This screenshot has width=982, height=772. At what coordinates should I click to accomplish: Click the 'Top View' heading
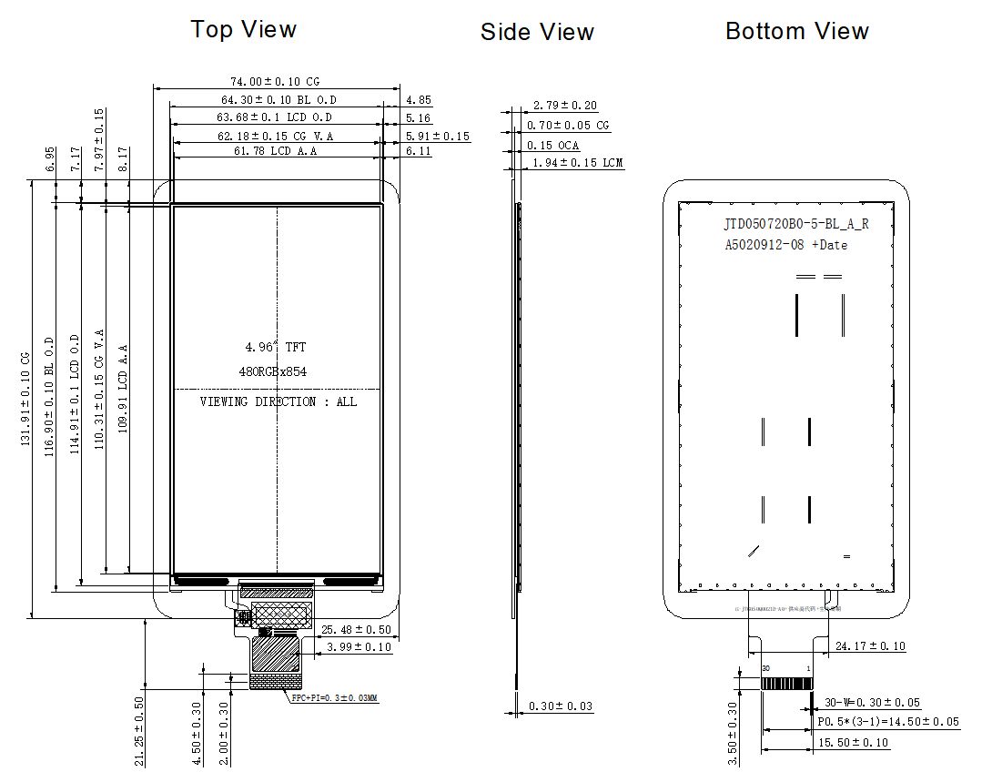tap(243, 29)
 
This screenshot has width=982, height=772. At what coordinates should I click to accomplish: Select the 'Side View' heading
tap(537, 33)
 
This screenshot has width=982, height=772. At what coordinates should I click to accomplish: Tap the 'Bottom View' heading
tap(796, 31)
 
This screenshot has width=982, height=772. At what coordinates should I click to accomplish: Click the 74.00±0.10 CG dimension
tap(275, 82)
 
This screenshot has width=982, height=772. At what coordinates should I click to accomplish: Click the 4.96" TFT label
tap(275, 347)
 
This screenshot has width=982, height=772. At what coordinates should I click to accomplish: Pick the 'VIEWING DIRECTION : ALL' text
tap(278, 401)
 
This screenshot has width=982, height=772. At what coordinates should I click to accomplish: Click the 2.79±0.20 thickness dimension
tap(564, 106)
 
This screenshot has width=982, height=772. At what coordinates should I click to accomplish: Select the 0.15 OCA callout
tap(552, 146)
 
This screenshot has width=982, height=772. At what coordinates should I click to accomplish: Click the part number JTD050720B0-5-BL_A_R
tap(796, 224)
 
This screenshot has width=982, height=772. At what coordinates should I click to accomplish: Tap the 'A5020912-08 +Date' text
tap(785, 245)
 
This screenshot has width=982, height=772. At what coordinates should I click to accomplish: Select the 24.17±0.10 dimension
tap(869, 646)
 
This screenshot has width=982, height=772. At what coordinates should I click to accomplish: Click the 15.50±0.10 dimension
tap(852, 743)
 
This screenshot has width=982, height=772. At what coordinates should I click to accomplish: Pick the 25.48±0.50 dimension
tap(356, 629)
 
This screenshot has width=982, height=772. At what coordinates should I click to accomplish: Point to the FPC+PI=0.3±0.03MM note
tap(333, 698)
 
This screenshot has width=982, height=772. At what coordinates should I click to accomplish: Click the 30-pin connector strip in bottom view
tap(786, 683)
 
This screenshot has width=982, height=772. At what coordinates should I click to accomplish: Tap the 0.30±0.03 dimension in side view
tap(561, 706)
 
